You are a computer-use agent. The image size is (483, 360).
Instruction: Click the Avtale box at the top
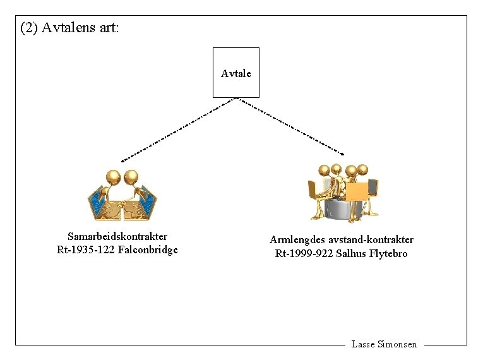[236, 73]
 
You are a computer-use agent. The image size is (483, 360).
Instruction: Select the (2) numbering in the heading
[29, 28]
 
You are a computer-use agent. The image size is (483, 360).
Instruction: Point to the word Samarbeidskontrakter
[117, 237]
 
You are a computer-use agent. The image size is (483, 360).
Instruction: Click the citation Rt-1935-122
[86, 250]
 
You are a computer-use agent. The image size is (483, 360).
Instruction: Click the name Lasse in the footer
[362, 344]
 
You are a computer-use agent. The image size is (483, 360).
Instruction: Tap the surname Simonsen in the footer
[397, 344]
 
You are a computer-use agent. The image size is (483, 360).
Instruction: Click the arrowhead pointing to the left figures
[124, 160]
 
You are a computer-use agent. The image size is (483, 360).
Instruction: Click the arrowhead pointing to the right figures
[343, 153]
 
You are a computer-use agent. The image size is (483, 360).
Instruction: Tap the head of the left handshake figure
[113, 175]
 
